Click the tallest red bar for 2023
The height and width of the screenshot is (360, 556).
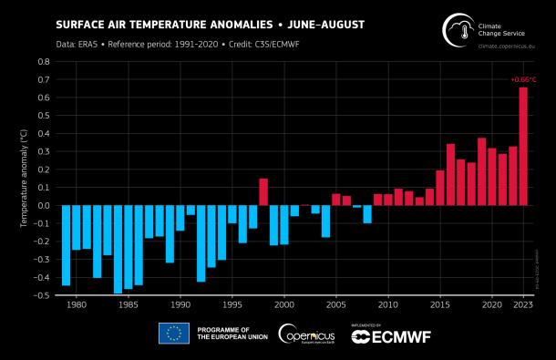523,146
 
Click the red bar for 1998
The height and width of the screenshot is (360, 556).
263,191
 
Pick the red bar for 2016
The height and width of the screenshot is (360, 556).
450,174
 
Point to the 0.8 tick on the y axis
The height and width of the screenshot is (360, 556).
43,62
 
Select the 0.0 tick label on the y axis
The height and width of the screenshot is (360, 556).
43,205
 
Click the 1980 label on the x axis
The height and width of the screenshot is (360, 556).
76,304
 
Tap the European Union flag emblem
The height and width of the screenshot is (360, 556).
173,334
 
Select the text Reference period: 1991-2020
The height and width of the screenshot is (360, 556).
160,43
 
